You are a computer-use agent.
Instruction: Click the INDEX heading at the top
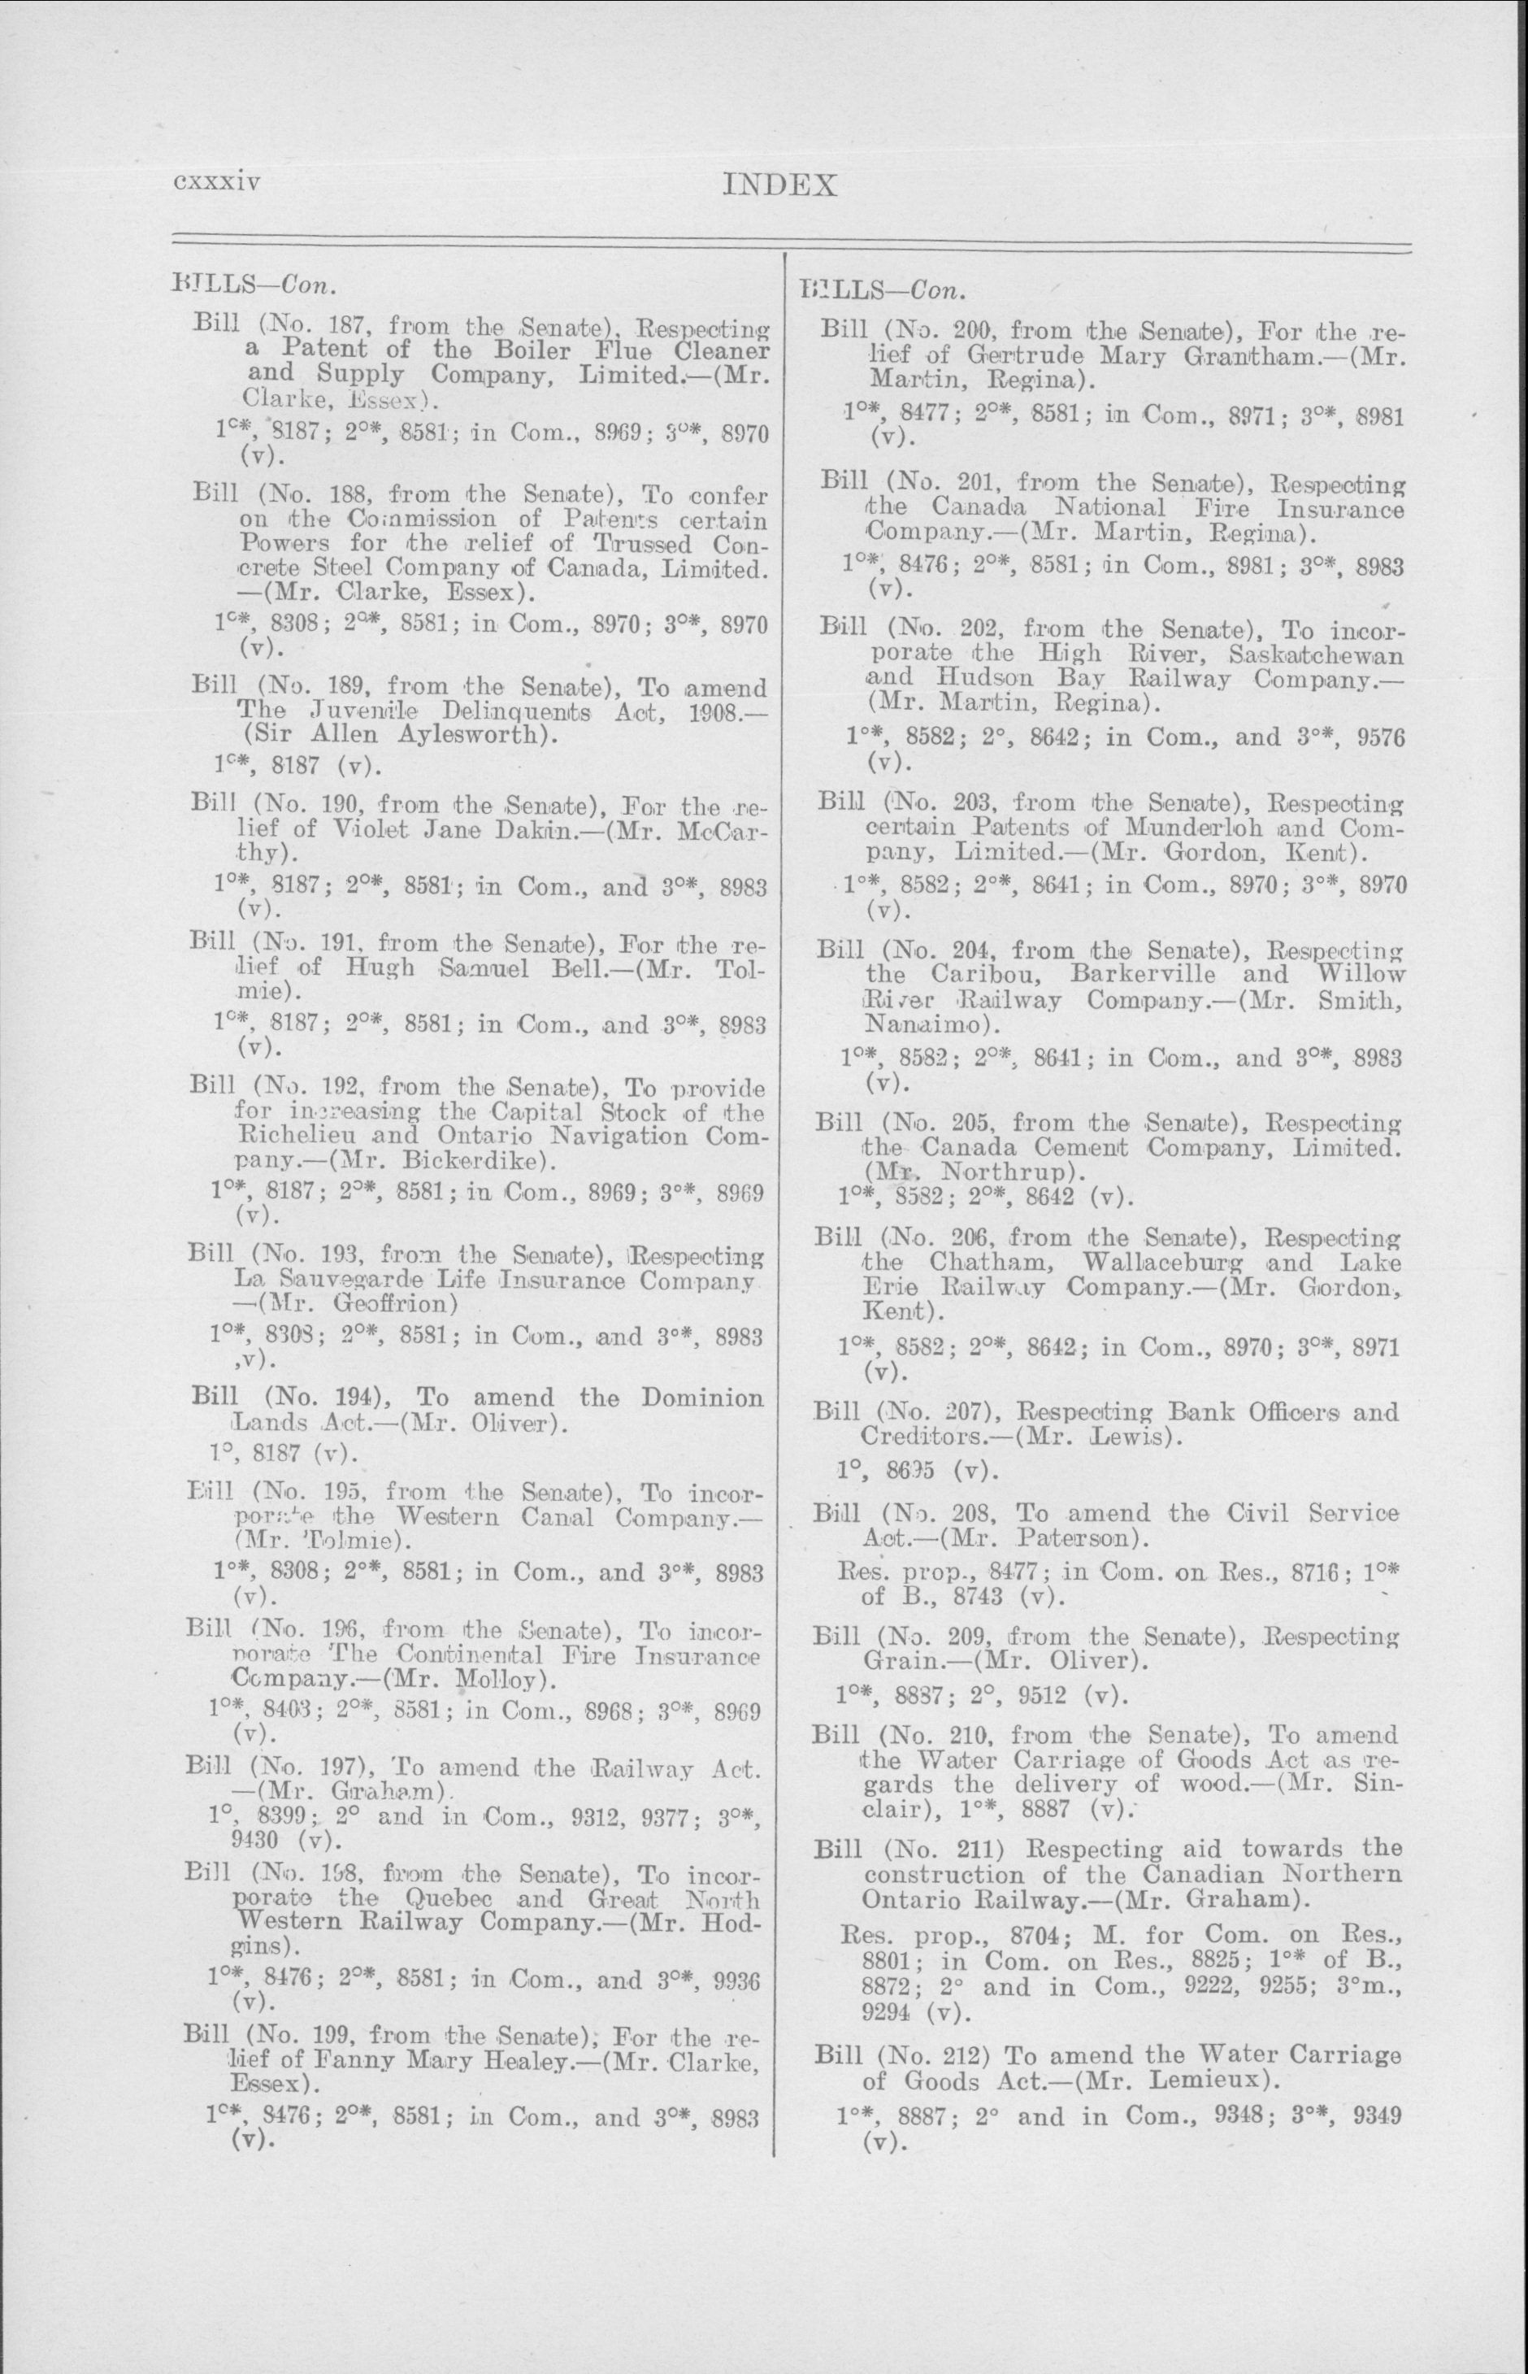coord(781,185)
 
